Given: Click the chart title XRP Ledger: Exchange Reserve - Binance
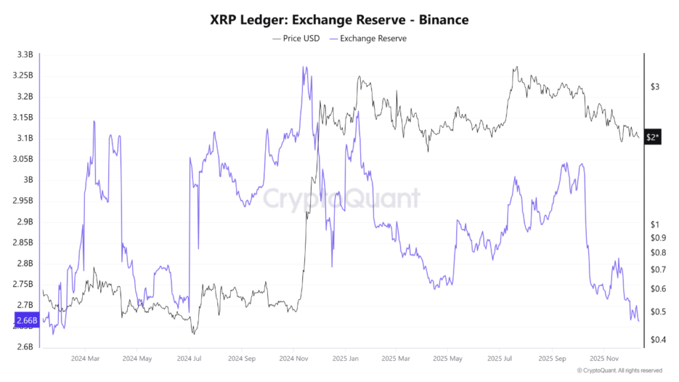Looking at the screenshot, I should coord(339,20).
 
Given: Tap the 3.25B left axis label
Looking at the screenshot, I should coord(24,76).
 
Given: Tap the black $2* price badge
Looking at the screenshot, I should coord(652,137).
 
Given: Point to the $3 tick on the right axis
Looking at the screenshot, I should coord(654,87).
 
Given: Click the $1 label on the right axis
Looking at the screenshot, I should coord(654,224).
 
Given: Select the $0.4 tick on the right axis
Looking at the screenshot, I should coord(656,340).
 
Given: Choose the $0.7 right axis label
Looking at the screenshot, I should coord(656,269).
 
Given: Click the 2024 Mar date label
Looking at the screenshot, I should coord(84,359).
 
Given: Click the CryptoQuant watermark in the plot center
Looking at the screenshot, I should coord(341,198).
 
